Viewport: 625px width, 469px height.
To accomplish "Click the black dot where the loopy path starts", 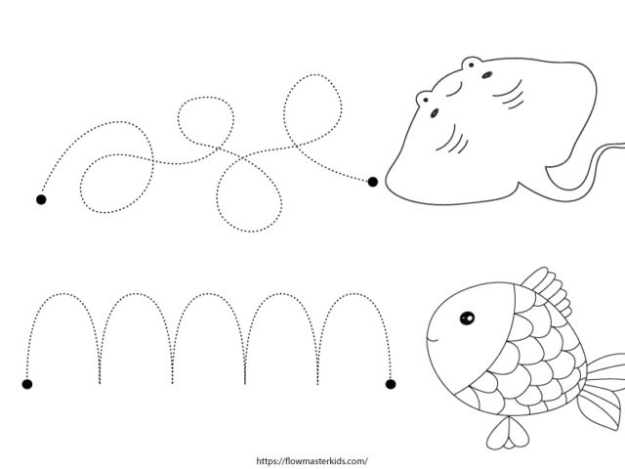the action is [x=41, y=199].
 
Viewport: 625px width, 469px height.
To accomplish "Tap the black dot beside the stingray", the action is [x=373, y=182].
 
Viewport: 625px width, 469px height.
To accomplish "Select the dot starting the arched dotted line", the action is [x=27, y=384].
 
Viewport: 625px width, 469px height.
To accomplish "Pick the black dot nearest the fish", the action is [x=391, y=384].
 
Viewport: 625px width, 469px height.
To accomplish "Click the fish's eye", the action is [x=467, y=318].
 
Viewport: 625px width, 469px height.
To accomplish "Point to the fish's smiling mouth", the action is [x=432, y=340].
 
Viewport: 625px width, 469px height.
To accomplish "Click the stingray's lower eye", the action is [x=434, y=113].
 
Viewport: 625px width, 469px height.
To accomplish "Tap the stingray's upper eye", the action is [x=486, y=74].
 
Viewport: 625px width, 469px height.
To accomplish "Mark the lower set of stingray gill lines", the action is [x=452, y=141].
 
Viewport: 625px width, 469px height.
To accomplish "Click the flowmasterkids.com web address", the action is [x=312, y=461].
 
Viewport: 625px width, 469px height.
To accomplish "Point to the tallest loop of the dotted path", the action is [x=313, y=76].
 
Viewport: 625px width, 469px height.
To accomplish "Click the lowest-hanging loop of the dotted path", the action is [x=250, y=231].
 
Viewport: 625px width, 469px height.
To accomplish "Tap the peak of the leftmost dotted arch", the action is [x=62, y=294].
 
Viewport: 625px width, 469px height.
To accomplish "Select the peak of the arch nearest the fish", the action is [x=354, y=294].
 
